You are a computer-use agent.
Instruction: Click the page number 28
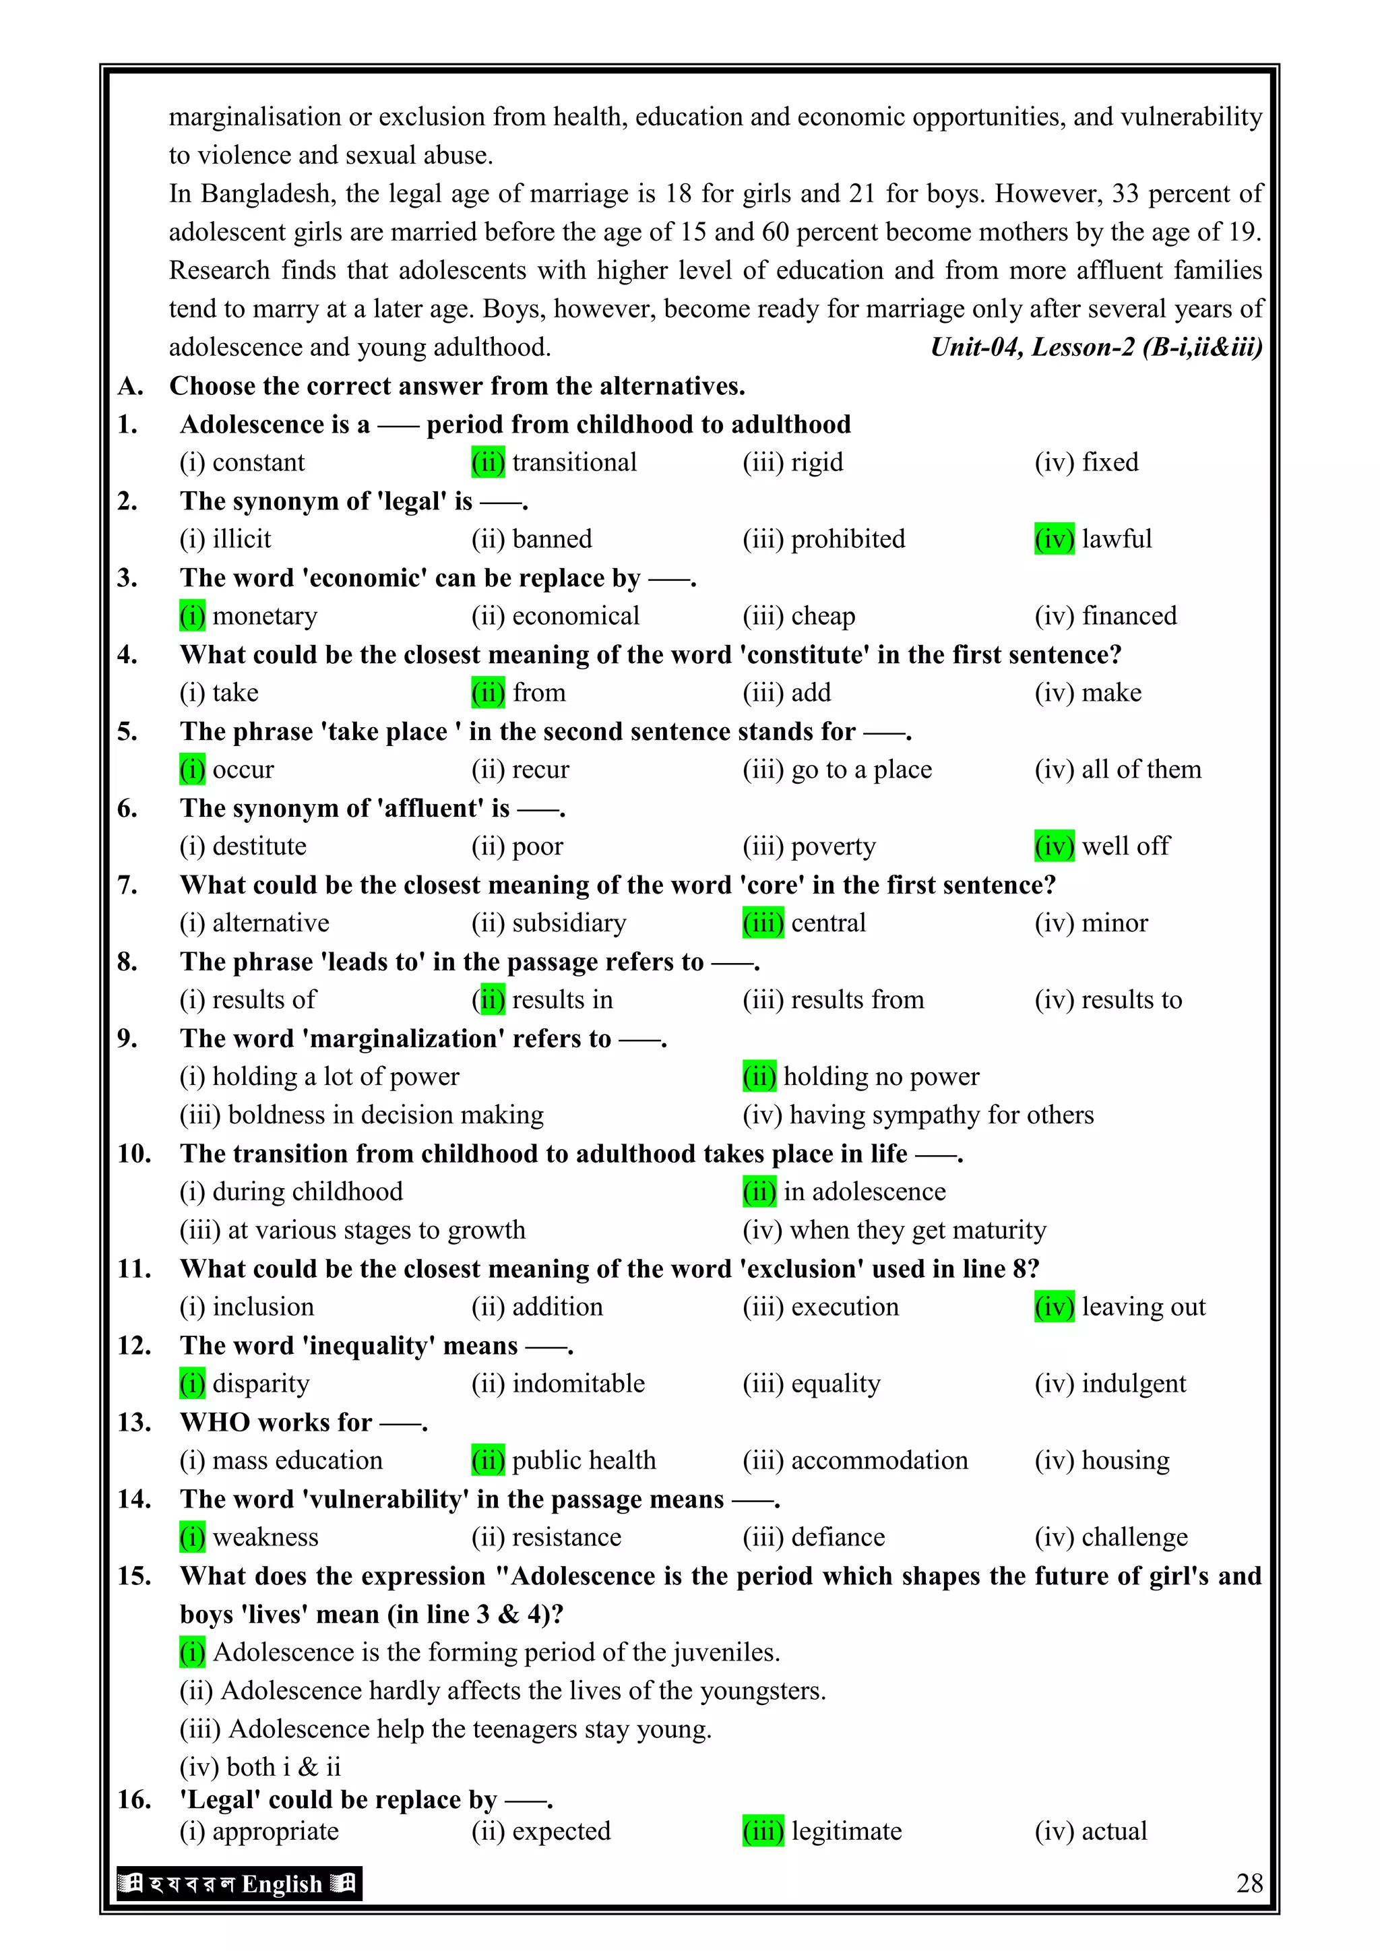pos(1249,1883)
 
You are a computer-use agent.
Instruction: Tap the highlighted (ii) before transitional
pos(488,462)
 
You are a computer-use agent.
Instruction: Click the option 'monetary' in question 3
pos(264,616)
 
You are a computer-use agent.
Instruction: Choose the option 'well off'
pos(1125,846)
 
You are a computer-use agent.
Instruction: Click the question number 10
pos(134,1153)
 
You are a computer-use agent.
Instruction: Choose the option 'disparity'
pos(261,1384)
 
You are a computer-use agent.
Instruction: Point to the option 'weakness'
pos(265,1537)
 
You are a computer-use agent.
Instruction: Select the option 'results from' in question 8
pos(856,1000)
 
